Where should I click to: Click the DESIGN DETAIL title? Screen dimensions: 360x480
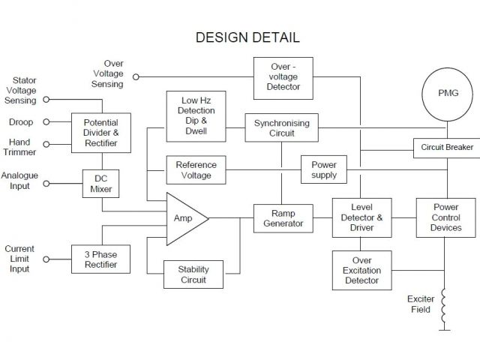(x=247, y=37)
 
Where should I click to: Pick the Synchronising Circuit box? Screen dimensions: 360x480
(x=281, y=128)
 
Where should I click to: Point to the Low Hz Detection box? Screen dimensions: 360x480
(x=197, y=116)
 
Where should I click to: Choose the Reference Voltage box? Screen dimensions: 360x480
(x=196, y=170)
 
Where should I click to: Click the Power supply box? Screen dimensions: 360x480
(x=324, y=170)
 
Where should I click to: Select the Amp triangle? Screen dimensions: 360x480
(x=182, y=218)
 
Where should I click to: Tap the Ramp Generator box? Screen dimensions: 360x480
(x=283, y=218)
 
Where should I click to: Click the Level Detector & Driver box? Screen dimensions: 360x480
(x=361, y=217)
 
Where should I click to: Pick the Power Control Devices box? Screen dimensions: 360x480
(x=446, y=217)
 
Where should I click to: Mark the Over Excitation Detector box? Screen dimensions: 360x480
(x=361, y=271)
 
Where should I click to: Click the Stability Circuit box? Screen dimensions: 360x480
(x=193, y=275)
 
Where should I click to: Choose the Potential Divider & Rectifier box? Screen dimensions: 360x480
(x=100, y=132)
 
